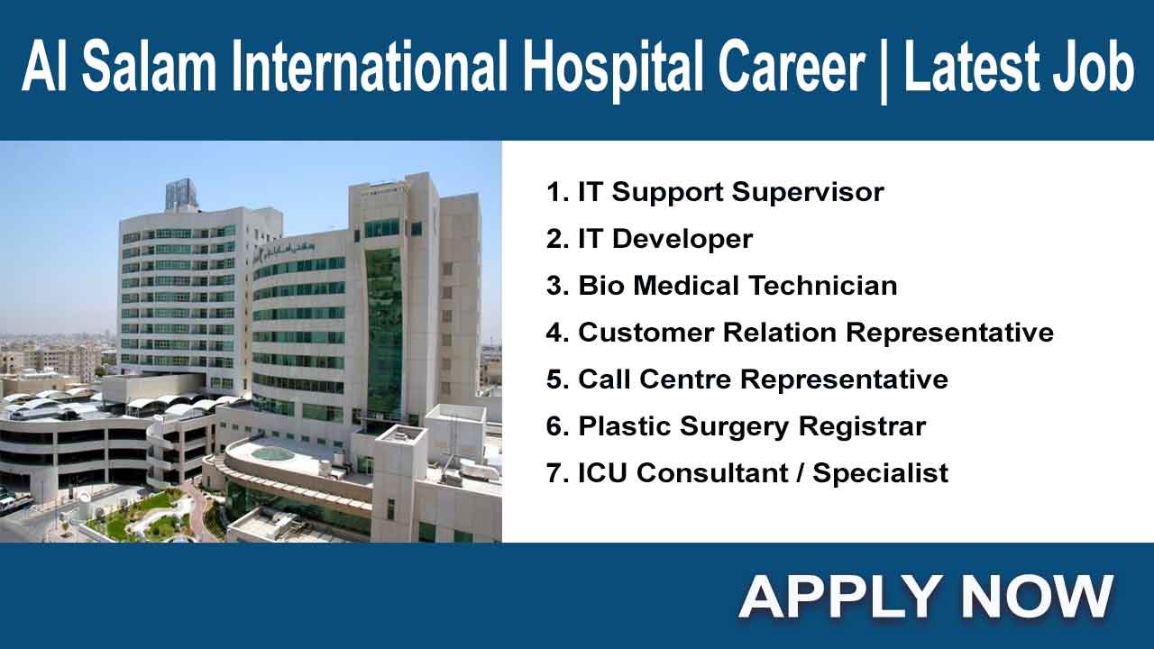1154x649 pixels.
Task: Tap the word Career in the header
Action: coord(792,67)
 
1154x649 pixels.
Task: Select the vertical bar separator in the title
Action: coord(884,69)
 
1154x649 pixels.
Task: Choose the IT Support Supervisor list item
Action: coord(715,193)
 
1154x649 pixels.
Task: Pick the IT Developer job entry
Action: coord(649,239)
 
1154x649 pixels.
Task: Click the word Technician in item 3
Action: coord(823,286)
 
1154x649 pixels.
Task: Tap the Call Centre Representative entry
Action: coord(747,379)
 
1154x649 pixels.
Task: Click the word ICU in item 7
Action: coord(602,473)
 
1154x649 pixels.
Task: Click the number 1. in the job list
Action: coord(557,192)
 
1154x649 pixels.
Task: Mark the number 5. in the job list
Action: coord(557,379)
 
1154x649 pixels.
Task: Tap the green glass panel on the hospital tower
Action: coord(383,330)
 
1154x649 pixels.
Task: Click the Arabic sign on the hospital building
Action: coord(286,248)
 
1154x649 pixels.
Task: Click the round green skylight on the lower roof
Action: coord(272,453)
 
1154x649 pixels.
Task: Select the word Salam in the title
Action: coord(149,67)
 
